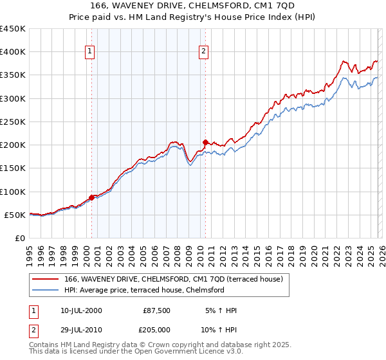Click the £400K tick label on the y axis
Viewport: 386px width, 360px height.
tap(13, 52)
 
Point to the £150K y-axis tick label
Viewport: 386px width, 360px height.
tap(13, 168)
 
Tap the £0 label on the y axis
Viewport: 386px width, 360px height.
tap(21, 239)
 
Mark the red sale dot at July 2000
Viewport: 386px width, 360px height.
tap(91, 197)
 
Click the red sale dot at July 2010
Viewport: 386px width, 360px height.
tap(205, 142)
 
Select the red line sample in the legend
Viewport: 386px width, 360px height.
tap(46, 279)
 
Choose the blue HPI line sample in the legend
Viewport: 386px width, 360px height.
tap(46, 290)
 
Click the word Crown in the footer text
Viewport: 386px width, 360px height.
tap(160, 345)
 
